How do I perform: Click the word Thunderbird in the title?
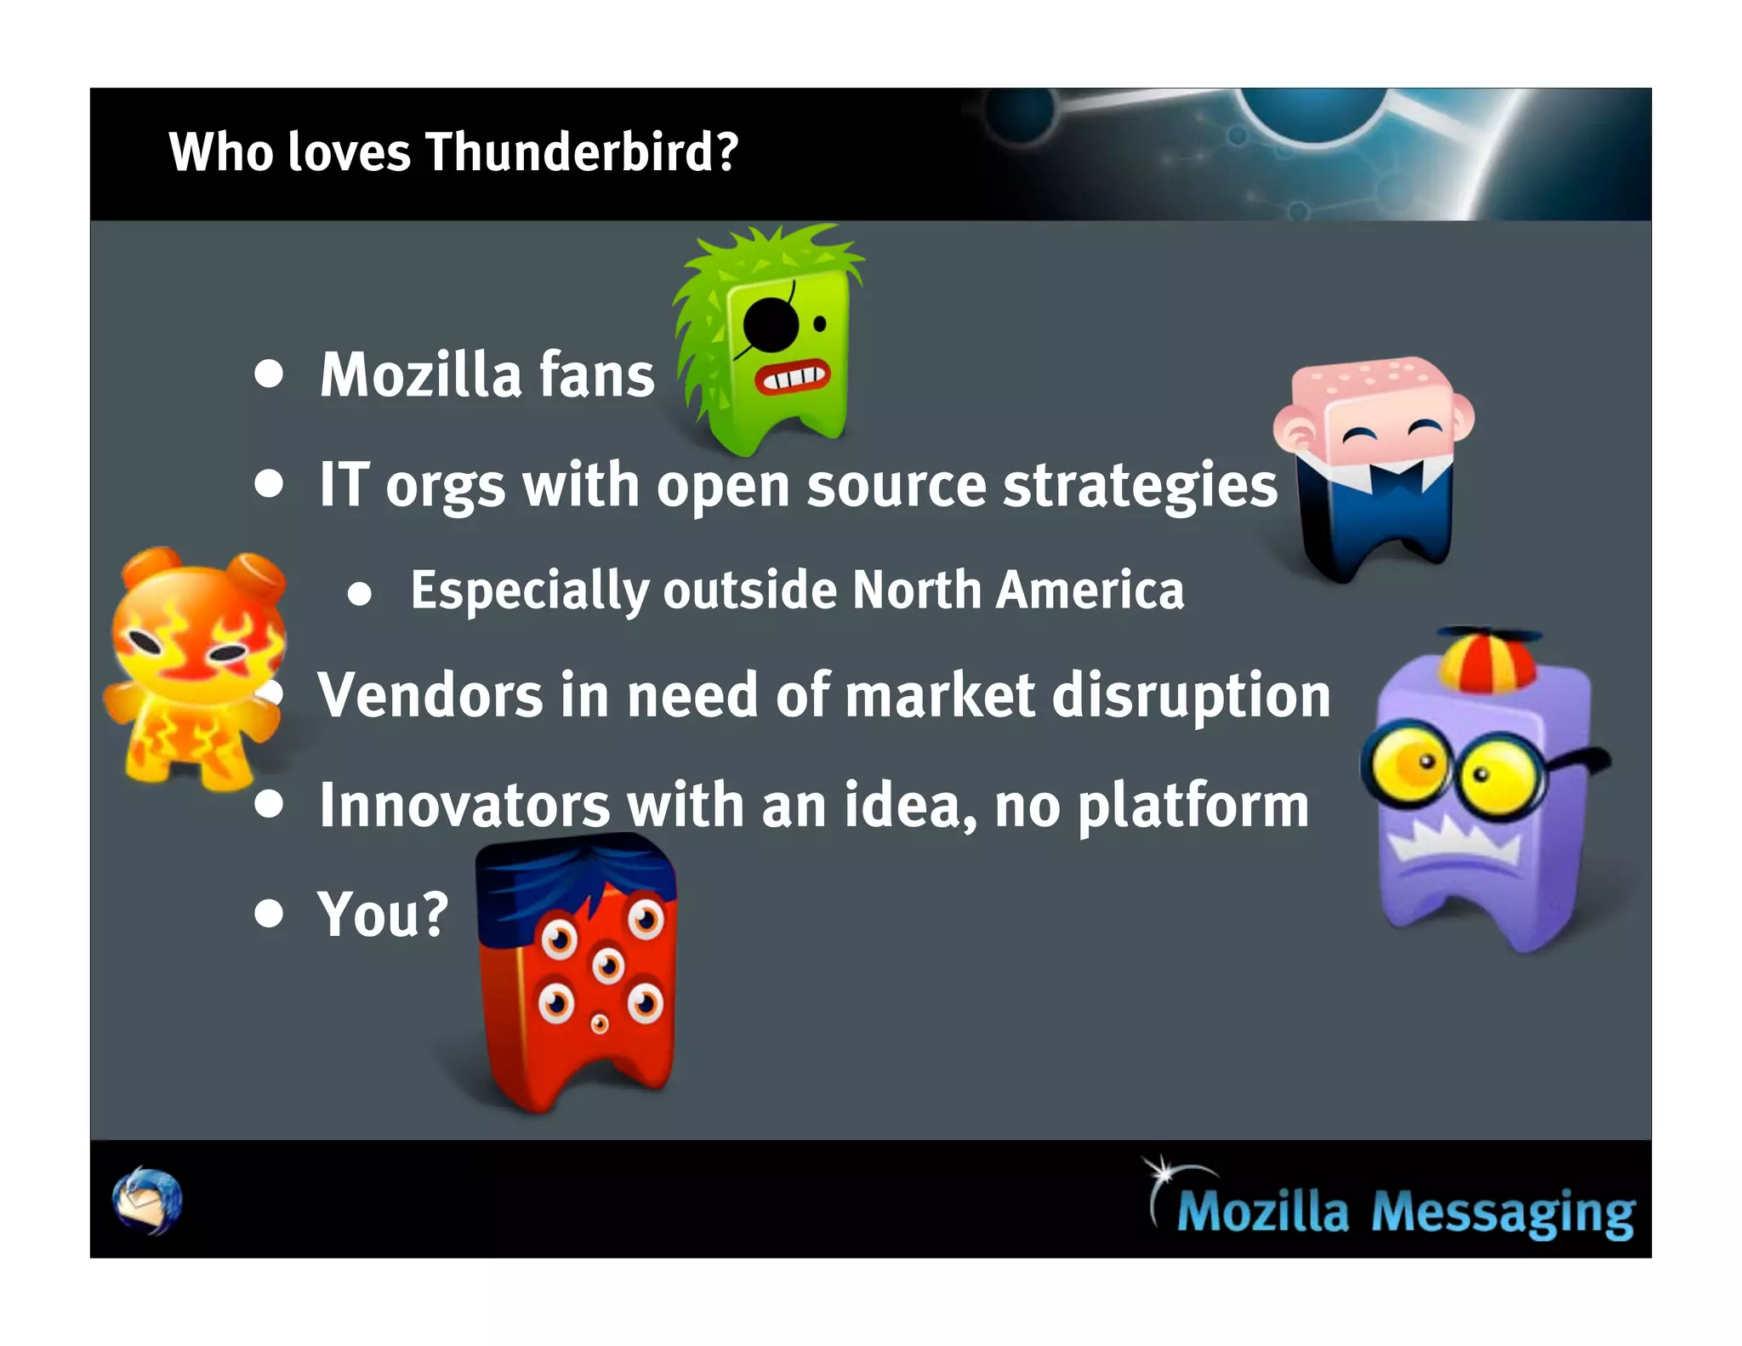click(x=581, y=152)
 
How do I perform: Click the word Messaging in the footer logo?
click(x=1502, y=1212)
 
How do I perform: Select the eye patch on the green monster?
click(x=771, y=325)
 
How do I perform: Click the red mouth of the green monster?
click(x=792, y=377)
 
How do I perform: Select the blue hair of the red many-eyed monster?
click(x=575, y=885)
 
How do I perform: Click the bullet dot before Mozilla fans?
click(x=269, y=374)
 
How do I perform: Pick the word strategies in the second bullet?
click(x=1140, y=485)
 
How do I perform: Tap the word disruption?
click(x=1191, y=695)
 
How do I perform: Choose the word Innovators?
click(x=464, y=805)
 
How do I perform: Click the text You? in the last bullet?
click(x=383, y=915)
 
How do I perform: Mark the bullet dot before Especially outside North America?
click(x=360, y=594)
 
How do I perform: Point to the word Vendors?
click(x=430, y=695)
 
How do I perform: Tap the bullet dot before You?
click(x=269, y=913)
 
